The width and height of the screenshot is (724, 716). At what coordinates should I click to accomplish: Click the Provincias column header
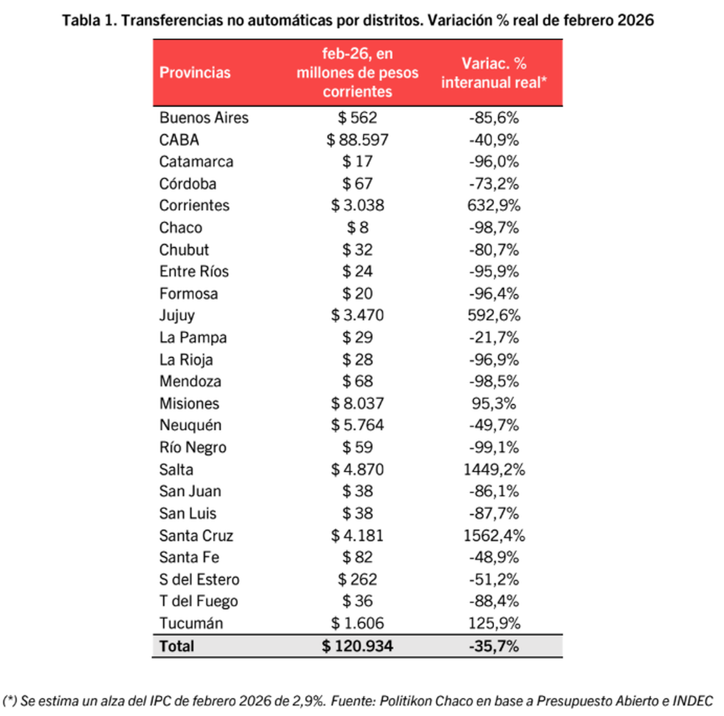tap(195, 72)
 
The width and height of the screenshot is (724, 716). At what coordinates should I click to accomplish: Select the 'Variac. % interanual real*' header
tap(494, 72)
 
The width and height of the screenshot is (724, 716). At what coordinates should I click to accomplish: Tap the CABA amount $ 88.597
tap(357, 139)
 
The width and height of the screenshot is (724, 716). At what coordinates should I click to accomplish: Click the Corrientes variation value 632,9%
tap(494, 205)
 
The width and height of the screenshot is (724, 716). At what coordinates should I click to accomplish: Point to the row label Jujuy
tap(177, 315)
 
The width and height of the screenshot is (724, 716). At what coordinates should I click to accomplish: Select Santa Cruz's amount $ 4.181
tap(357, 535)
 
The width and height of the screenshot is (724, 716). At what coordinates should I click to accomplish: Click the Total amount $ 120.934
tap(357, 646)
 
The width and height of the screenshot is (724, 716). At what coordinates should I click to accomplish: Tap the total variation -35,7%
tap(494, 646)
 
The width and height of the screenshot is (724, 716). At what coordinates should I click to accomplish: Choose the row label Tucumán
tap(191, 623)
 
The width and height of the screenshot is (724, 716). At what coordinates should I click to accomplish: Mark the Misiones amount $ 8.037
tap(357, 403)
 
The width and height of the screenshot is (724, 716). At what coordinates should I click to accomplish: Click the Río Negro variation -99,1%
tap(494, 447)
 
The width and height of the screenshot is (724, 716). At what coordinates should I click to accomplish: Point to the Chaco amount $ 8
tap(357, 228)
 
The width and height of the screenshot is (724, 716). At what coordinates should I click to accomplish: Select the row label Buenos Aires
tap(204, 118)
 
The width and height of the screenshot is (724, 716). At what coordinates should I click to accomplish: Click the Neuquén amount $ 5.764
tap(357, 425)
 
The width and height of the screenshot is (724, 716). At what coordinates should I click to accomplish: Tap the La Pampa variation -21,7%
tap(494, 337)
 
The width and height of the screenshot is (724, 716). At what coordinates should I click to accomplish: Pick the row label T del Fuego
tap(198, 601)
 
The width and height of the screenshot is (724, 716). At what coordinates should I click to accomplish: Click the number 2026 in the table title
tap(635, 20)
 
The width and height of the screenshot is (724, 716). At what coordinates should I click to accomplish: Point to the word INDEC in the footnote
tap(693, 701)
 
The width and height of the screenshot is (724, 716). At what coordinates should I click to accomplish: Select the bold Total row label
tap(177, 646)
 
